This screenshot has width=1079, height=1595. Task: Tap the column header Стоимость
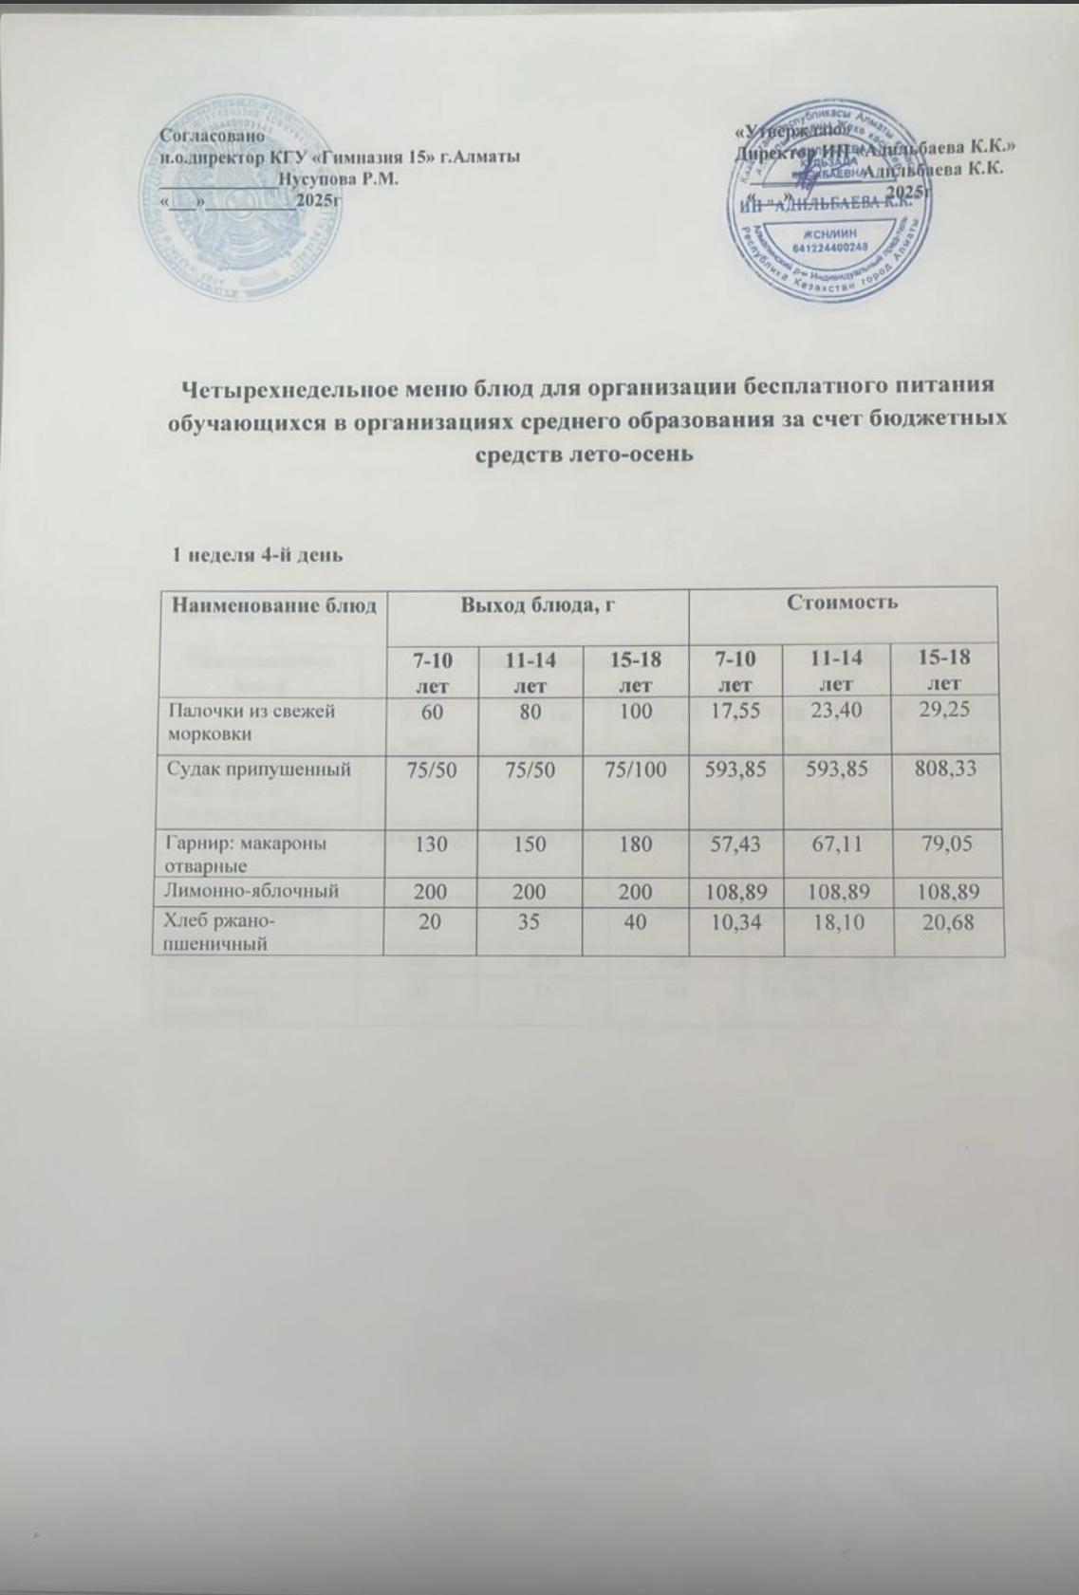[843, 602]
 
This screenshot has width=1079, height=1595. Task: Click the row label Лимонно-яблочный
[252, 891]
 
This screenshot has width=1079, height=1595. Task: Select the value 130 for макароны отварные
[432, 842]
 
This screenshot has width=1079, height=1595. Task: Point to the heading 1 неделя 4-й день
[255, 554]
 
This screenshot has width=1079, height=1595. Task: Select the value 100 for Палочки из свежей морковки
[634, 709]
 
